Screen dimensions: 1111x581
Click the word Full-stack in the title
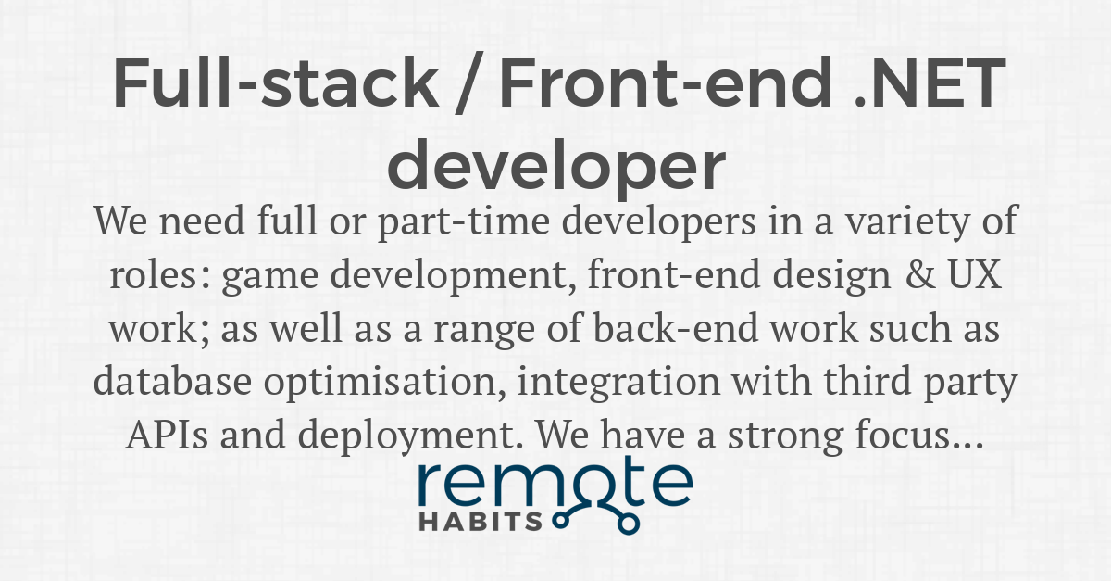click(x=275, y=82)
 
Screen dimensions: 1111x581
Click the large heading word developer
click(x=556, y=165)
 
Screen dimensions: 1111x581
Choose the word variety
click(x=906, y=221)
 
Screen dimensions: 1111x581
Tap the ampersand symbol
click(x=920, y=274)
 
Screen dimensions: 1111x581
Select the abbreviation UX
click(x=975, y=274)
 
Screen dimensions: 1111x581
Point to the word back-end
click(x=676, y=328)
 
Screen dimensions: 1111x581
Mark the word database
click(x=172, y=381)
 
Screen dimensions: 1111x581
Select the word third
click(x=868, y=381)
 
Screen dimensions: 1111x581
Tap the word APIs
click(x=168, y=435)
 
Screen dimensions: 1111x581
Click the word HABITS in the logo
click(x=481, y=522)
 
